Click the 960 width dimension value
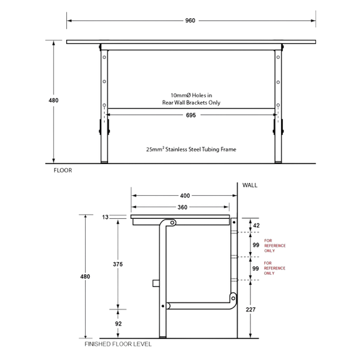pyautogui.click(x=190, y=21)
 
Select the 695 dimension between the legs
pyautogui.click(x=190, y=115)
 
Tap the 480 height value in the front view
pyautogui.click(x=53, y=101)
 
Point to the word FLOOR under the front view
pyautogui.click(x=63, y=170)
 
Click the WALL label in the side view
pyautogui.click(x=250, y=185)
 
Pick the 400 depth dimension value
pyautogui.click(x=185, y=196)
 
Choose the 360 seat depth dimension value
pyautogui.click(x=182, y=207)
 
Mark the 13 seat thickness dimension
pyautogui.click(x=105, y=217)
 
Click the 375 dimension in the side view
pyautogui.click(x=118, y=264)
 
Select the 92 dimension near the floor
pyautogui.click(x=118, y=324)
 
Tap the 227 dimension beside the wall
pyautogui.click(x=251, y=310)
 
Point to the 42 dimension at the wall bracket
pyautogui.click(x=256, y=226)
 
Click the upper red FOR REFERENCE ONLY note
pyautogui.click(x=275, y=246)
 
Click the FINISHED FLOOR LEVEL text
pyautogui.click(x=118, y=344)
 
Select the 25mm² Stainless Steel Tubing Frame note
pyautogui.click(x=191, y=149)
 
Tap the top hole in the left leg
pyautogui.click(x=104, y=57)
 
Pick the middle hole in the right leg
pyautogui.click(x=278, y=82)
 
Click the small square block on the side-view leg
pyautogui.click(x=156, y=283)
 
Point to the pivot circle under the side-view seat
pyautogui.click(x=172, y=223)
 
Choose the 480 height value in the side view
pyautogui.click(x=85, y=277)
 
